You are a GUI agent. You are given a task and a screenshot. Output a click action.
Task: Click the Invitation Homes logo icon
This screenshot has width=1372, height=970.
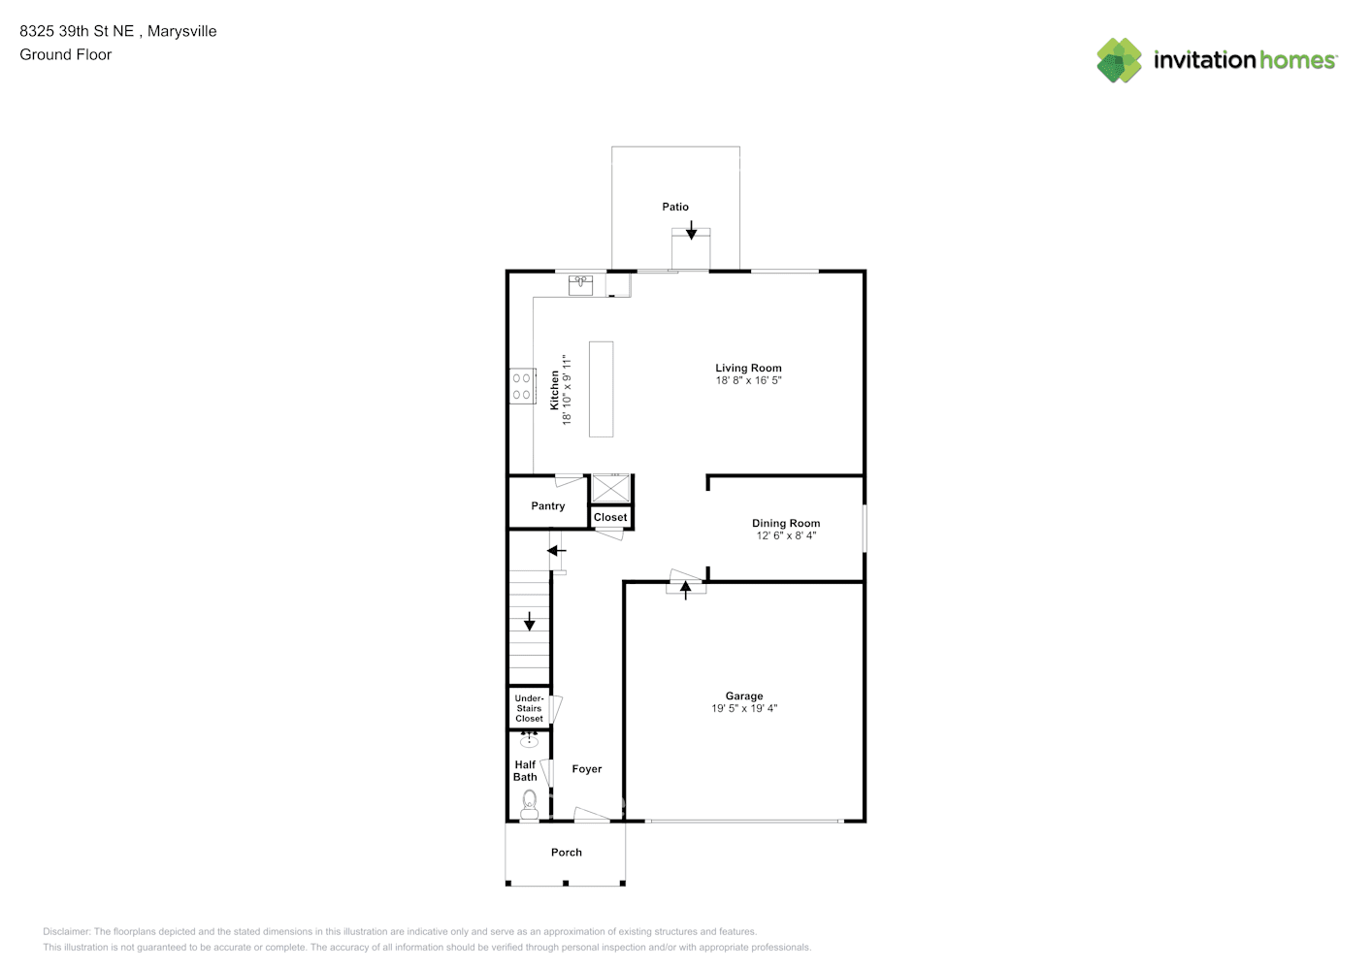(1119, 60)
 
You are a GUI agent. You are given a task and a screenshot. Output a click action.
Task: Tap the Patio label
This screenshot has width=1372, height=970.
(675, 207)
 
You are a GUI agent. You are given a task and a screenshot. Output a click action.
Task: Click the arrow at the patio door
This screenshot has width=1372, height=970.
(691, 231)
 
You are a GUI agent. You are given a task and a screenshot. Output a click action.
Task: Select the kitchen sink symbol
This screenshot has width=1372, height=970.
(581, 284)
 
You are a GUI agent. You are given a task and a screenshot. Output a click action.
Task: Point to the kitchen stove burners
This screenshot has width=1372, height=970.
(522, 386)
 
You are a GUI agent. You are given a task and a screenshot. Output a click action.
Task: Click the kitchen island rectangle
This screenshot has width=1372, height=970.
(601, 389)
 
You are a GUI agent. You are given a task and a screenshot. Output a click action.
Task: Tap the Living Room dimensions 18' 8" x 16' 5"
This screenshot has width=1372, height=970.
(748, 381)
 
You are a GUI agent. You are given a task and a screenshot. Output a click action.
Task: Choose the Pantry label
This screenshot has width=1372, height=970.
(548, 506)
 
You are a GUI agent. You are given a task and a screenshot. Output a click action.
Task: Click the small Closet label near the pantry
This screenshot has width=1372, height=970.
(610, 518)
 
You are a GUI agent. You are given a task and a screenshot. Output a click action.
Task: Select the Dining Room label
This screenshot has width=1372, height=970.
(786, 524)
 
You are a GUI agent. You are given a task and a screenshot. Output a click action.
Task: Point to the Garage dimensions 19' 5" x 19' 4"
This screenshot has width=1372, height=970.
(744, 709)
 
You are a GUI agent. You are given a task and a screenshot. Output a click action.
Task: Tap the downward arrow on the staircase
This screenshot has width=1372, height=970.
(529, 622)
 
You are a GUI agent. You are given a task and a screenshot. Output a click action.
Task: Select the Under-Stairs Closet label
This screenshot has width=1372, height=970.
(529, 708)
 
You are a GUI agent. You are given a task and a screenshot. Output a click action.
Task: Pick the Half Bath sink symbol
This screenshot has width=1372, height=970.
(529, 742)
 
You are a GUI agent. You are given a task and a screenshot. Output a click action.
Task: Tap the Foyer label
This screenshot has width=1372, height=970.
(587, 769)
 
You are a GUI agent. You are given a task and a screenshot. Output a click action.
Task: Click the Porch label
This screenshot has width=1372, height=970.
(567, 853)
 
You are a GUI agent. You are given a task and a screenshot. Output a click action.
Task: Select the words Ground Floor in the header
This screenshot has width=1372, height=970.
(66, 54)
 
